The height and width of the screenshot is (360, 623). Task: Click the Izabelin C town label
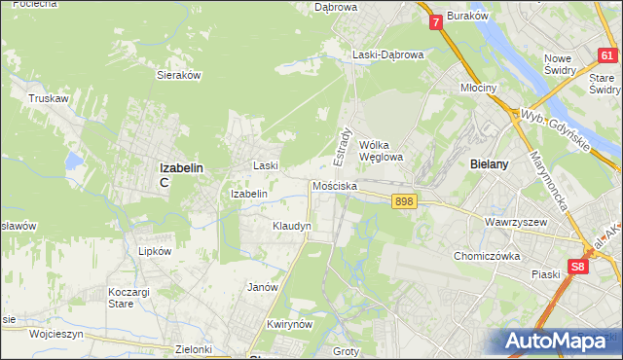pyautogui.click(x=180, y=172)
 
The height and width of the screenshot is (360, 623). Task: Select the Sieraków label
pyautogui.click(x=178, y=74)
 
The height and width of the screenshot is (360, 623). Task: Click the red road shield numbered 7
pyautogui.click(x=435, y=20)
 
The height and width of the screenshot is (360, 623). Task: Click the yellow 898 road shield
pyautogui.click(x=405, y=201)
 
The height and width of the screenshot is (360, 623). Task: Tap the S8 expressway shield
pyautogui.click(x=579, y=266)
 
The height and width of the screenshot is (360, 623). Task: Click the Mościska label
pyautogui.click(x=334, y=186)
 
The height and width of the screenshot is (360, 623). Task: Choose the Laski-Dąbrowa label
pyautogui.click(x=387, y=55)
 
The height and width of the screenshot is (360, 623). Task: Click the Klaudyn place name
pyautogui.click(x=291, y=226)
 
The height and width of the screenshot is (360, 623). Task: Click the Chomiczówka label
pyautogui.click(x=487, y=257)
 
